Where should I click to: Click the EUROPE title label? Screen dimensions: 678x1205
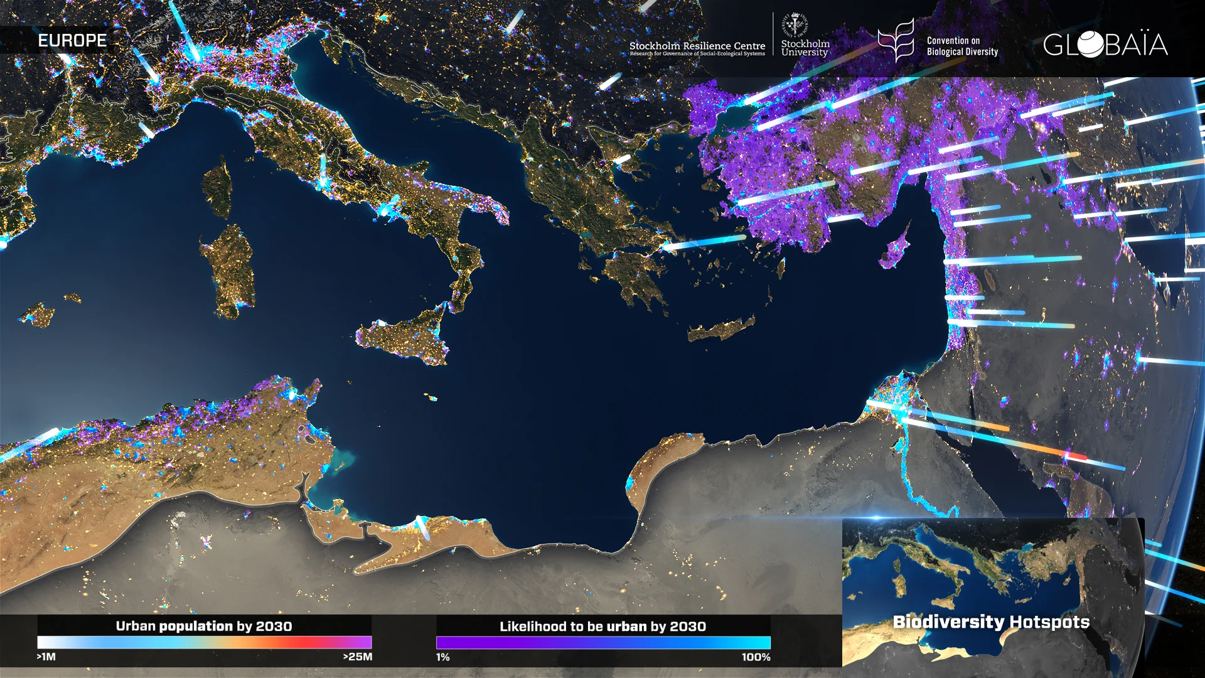[x=72, y=41]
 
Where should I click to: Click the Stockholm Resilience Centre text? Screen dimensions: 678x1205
[x=697, y=46]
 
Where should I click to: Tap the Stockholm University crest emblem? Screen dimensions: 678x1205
[x=795, y=26]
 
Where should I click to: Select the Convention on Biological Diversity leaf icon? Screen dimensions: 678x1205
[x=897, y=40]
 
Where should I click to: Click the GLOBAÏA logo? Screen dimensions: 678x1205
[x=1105, y=45]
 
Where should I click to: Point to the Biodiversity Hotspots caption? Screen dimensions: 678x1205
[x=991, y=622]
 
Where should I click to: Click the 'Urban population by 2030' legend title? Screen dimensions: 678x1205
[x=204, y=626]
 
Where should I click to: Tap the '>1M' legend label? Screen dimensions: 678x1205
[x=46, y=657]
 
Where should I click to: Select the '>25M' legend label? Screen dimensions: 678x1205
[x=357, y=657]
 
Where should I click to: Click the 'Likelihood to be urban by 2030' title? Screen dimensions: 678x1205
[x=602, y=627]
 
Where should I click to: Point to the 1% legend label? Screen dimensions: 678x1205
[x=443, y=657]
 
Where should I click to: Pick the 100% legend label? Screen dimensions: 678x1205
[x=756, y=657]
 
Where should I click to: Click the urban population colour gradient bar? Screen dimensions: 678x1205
[x=204, y=642]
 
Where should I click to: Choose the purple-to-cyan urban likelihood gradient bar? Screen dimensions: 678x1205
[x=602, y=642]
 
